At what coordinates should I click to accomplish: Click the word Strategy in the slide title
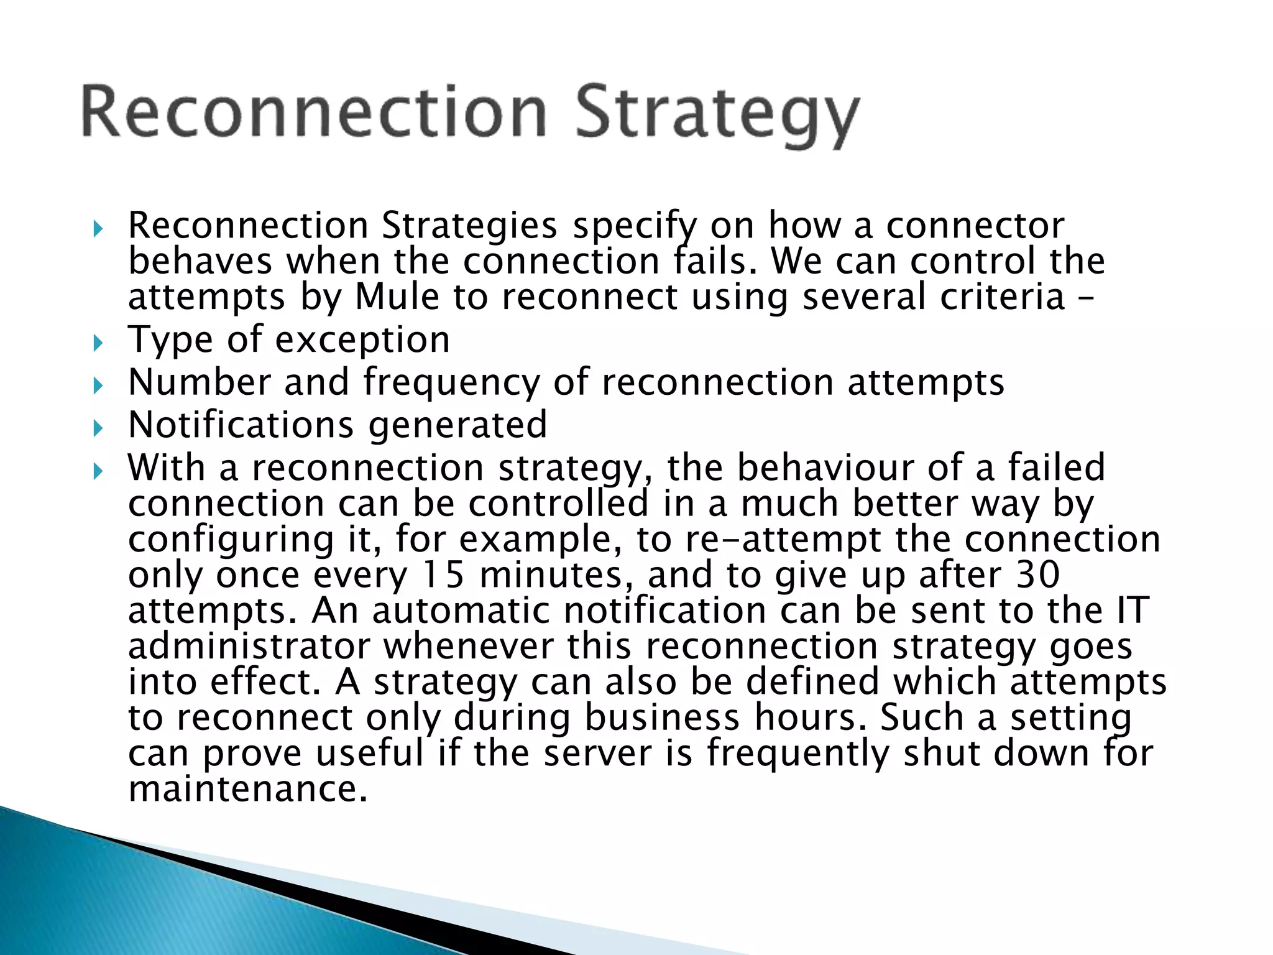click(x=717, y=116)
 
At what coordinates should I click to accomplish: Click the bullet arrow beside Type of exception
click(x=98, y=342)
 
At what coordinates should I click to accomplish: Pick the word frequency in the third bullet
click(x=452, y=383)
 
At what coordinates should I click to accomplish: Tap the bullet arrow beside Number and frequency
click(x=98, y=385)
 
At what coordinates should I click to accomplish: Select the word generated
click(x=457, y=426)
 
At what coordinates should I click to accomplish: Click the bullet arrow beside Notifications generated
click(x=98, y=428)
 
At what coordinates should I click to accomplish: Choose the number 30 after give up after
click(x=1037, y=574)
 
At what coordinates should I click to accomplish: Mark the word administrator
click(x=249, y=647)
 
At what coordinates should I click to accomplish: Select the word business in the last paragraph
click(x=662, y=718)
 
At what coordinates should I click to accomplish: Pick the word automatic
click(x=461, y=611)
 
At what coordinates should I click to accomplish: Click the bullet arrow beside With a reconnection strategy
click(x=98, y=471)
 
